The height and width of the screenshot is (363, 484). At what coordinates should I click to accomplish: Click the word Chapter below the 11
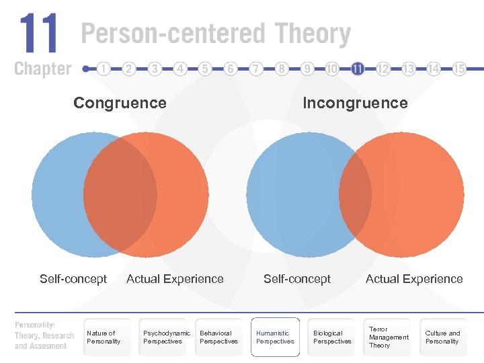click(x=42, y=69)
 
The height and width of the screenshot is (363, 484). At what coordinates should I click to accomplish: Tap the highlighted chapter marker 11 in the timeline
click(x=358, y=69)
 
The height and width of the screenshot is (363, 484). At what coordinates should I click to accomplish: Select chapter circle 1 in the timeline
click(x=104, y=69)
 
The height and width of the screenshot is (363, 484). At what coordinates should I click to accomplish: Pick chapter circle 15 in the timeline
click(x=459, y=69)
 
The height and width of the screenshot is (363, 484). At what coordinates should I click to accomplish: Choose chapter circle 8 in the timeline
click(x=282, y=69)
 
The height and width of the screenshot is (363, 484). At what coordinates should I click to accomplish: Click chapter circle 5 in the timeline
click(x=205, y=69)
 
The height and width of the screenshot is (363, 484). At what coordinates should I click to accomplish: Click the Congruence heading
click(x=120, y=103)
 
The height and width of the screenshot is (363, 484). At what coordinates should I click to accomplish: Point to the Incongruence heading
click(x=355, y=103)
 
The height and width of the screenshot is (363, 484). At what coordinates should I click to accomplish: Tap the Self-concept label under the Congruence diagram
click(x=73, y=279)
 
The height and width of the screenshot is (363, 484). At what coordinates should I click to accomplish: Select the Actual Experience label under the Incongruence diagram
click(x=414, y=279)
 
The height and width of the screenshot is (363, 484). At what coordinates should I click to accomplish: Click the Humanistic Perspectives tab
click(x=275, y=337)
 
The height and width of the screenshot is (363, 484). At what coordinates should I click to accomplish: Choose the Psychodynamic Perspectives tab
click(x=166, y=337)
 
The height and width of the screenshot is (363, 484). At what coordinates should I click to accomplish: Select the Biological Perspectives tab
click(x=332, y=337)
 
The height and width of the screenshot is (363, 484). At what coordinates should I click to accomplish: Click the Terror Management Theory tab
click(x=388, y=337)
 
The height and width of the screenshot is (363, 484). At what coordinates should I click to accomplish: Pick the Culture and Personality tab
click(x=443, y=337)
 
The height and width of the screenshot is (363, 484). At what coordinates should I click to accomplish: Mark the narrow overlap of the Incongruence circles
click(x=356, y=195)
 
